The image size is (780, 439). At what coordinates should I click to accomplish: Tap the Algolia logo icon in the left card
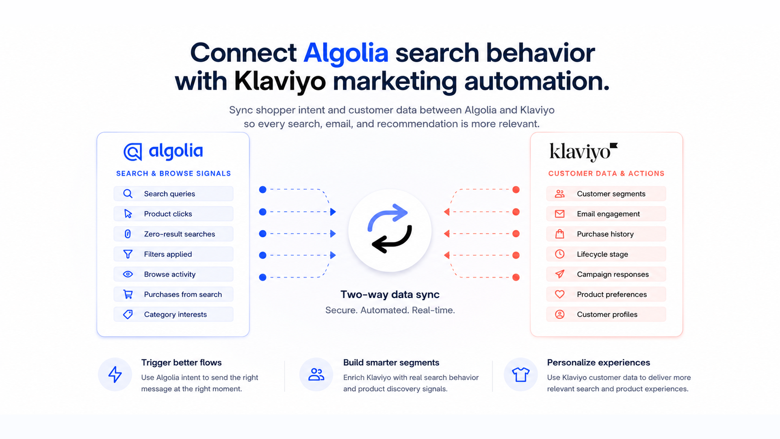(x=133, y=152)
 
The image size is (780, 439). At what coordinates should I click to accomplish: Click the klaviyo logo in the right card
(x=583, y=152)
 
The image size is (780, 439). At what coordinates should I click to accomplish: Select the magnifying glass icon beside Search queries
(x=128, y=194)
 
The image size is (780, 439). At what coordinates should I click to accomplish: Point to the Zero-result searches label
(x=180, y=234)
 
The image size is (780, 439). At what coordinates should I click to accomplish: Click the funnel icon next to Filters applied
(x=128, y=254)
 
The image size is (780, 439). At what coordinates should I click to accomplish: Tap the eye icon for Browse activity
(x=128, y=274)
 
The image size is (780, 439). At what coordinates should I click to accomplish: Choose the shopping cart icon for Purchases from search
(x=128, y=294)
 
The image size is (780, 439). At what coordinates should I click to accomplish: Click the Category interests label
(x=175, y=315)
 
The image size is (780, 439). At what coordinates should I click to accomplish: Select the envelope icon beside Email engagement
(x=560, y=214)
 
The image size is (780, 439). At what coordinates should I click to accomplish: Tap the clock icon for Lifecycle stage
(x=560, y=254)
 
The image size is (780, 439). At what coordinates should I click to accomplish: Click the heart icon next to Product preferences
(x=560, y=294)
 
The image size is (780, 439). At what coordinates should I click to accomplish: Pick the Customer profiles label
(x=607, y=315)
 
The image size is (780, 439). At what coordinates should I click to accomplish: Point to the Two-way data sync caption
(x=390, y=294)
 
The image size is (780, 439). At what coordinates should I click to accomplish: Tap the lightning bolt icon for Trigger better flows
(x=115, y=374)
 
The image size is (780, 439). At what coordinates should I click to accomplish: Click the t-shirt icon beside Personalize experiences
(x=521, y=374)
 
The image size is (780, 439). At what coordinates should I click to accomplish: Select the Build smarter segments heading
(x=391, y=363)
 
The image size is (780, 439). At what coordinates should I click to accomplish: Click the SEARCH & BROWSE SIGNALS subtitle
(x=173, y=174)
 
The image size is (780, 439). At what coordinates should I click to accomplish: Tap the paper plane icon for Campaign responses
(x=560, y=274)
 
